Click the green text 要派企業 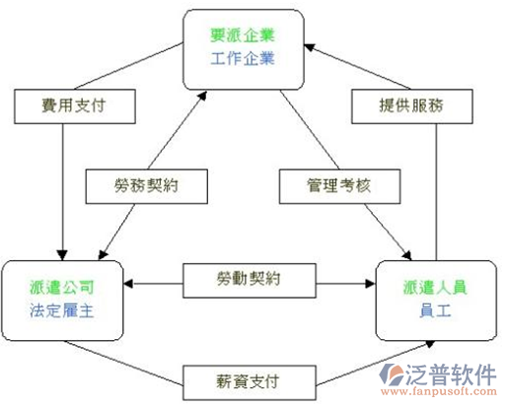click(243, 35)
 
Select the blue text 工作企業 click(243, 59)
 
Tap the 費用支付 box click(75, 106)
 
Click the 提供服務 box click(412, 106)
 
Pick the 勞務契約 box click(147, 186)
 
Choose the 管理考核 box click(339, 186)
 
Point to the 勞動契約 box click(250, 281)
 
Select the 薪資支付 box click(250, 382)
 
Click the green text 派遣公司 click(62, 288)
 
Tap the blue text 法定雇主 click(62, 310)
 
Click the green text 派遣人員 click(435, 288)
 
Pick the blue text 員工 click(435, 310)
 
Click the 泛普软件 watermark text click(451, 374)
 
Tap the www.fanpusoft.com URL click(439, 391)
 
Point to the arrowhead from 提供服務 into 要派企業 click(310, 47)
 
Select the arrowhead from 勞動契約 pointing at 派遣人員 click(371, 284)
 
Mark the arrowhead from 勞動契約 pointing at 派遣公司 click(128, 284)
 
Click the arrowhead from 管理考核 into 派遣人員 click(407, 255)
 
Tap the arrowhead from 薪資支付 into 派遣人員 click(430, 344)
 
